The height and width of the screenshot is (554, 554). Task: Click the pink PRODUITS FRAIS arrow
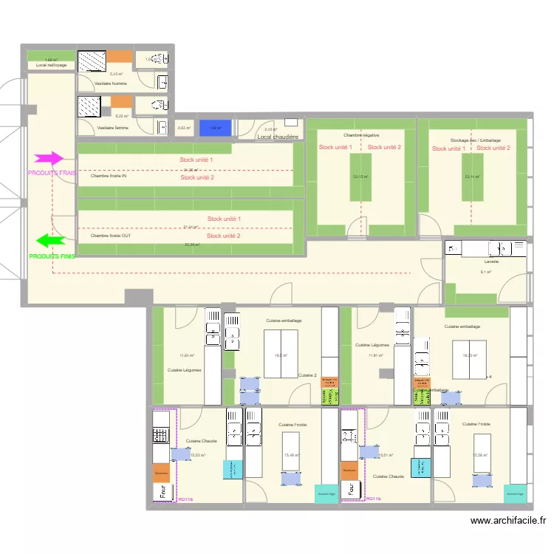(x=49, y=158)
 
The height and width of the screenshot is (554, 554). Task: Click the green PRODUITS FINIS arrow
(x=51, y=240)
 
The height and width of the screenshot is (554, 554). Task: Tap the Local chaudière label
(x=278, y=137)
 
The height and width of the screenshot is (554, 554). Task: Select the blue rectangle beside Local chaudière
(x=216, y=127)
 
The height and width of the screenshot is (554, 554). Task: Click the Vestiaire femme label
(x=112, y=128)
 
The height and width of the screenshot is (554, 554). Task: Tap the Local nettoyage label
(x=51, y=66)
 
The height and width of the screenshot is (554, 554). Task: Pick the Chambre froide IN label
(x=109, y=177)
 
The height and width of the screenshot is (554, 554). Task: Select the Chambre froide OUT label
(x=111, y=236)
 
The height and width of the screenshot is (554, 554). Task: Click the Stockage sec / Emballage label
(x=475, y=140)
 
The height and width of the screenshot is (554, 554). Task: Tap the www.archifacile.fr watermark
(x=510, y=521)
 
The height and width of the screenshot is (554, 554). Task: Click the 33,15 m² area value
(x=360, y=177)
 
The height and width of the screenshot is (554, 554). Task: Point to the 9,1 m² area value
(x=486, y=272)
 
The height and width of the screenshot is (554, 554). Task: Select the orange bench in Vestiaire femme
(x=121, y=101)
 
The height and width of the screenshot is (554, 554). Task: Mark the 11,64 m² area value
(x=185, y=355)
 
